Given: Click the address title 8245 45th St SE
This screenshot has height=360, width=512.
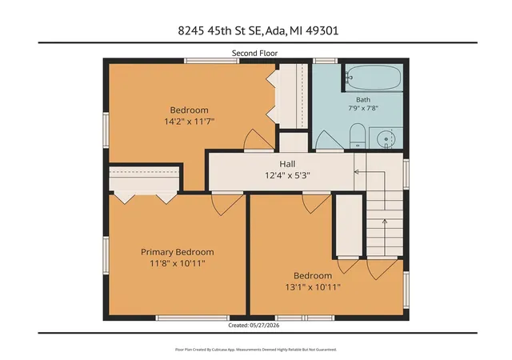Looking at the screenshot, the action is [x=219, y=30].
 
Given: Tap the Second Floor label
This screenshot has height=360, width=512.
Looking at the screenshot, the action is [x=254, y=54].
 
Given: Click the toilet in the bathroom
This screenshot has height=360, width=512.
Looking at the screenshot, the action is [x=358, y=136].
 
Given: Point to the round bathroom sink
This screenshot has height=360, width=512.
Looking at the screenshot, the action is [x=386, y=139].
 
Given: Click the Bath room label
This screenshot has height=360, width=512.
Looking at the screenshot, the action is [x=363, y=100].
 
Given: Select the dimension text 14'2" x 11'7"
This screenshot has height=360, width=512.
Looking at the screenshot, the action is [x=190, y=122].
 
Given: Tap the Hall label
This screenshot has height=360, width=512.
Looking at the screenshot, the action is [x=287, y=164].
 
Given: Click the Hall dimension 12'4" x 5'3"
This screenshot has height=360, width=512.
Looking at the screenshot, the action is [x=287, y=176].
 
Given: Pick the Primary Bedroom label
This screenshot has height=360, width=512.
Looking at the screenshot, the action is [x=178, y=252].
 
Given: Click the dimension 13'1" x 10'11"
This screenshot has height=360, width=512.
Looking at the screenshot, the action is [x=313, y=287].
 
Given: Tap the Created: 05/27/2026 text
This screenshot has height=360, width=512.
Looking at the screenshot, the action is [x=254, y=326].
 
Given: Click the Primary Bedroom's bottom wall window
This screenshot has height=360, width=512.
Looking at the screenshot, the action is [x=192, y=318].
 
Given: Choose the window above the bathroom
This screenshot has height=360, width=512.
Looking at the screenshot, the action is [x=325, y=61].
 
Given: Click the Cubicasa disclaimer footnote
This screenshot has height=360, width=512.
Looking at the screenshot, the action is [x=256, y=350].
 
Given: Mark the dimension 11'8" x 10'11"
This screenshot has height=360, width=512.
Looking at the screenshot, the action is [x=178, y=263].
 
